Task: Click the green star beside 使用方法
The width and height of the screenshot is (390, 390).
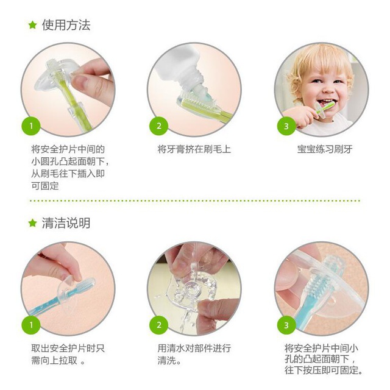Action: point(32,25)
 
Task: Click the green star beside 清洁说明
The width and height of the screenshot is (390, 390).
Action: point(32,223)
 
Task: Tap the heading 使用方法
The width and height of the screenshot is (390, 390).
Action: point(66,25)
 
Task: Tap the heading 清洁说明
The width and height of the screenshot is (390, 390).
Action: point(66,223)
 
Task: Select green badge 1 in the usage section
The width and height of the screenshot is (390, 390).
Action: point(31,126)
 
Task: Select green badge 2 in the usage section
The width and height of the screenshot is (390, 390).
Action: point(158,126)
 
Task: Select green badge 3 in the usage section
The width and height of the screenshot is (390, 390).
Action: point(286,126)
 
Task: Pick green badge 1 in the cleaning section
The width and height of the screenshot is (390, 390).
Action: point(31,325)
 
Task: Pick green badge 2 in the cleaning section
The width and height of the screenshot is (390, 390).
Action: point(158,325)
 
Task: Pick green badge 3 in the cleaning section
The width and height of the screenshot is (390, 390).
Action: point(286,325)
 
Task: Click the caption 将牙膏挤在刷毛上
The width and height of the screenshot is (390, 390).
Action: point(194,149)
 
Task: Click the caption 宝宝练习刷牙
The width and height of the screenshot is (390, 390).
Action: point(325,149)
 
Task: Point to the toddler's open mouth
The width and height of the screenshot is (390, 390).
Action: point(325,102)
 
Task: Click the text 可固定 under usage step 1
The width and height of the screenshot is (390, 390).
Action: point(45,186)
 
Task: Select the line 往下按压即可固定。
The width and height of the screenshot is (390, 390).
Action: point(324,370)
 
